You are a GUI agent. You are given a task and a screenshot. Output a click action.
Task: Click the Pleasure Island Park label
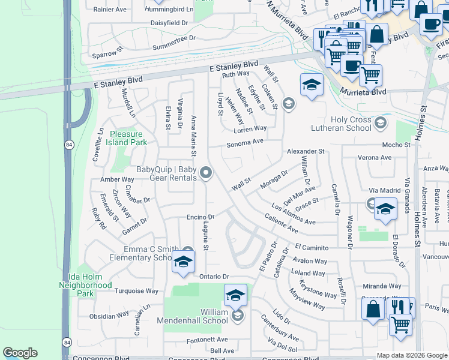[127, 139]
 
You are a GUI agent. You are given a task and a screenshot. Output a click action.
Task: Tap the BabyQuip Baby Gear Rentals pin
[206, 173]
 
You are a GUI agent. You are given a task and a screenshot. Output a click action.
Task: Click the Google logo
[20, 353]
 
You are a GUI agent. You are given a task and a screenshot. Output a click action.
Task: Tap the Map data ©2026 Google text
[412, 355]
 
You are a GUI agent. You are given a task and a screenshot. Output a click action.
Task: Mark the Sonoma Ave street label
[245, 143]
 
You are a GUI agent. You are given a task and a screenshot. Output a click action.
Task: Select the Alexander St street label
[305, 151]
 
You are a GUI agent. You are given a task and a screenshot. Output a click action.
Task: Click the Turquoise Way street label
[136, 291]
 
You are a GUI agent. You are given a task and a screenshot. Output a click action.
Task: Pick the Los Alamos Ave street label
[293, 214]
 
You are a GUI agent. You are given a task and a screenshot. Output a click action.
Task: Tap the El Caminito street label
[312, 247]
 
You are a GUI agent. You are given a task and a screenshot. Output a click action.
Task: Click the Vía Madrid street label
[384, 190]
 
